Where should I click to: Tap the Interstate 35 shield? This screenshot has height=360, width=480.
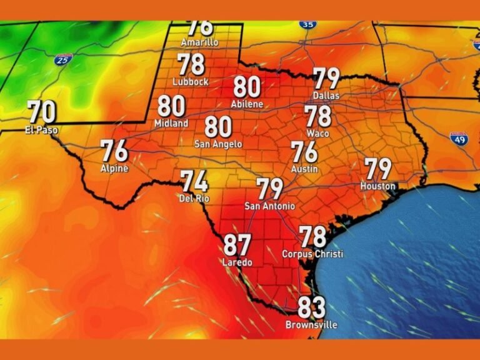[307, 24]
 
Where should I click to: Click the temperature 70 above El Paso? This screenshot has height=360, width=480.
[42, 112]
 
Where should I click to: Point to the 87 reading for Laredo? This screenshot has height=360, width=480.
[237, 245]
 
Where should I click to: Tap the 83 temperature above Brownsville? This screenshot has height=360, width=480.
[311, 307]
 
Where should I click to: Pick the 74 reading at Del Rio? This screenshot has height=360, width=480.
[194, 181]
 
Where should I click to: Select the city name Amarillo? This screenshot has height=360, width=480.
[199, 42]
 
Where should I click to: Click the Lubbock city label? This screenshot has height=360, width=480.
[191, 82]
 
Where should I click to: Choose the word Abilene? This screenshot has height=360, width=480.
[247, 104]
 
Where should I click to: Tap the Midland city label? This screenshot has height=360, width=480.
[171, 124]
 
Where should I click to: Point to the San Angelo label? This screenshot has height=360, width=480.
[218, 144]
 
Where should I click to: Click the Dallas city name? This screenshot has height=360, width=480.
[326, 96]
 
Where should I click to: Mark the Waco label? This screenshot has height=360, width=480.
[318, 134]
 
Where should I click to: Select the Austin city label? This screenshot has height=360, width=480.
[304, 169]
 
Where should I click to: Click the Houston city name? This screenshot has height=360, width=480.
[378, 186]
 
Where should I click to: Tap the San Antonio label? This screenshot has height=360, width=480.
[270, 206]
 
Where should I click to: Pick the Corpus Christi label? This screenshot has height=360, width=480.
[312, 254]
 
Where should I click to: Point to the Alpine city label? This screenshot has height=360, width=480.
[114, 168]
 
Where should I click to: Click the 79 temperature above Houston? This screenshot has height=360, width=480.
[378, 169]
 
